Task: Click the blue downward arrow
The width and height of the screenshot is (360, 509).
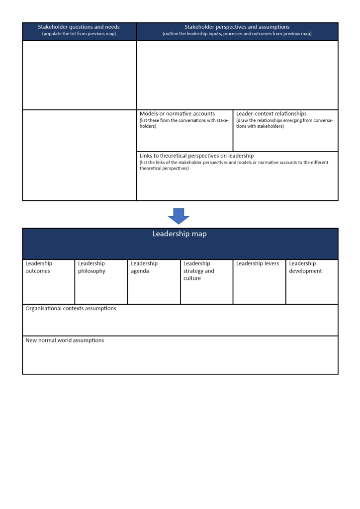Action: pyautogui.click(x=179, y=215)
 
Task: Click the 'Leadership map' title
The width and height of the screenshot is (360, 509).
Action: pyautogui.click(x=180, y=234)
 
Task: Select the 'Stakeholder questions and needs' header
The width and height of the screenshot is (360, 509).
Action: pyautogui.click(x=79, y=27)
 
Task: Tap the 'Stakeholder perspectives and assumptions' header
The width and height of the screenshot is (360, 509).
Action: pyautogui.click(x=237, y=27)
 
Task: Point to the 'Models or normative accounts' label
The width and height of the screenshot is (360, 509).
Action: pyautogui.click(x=177, y=114)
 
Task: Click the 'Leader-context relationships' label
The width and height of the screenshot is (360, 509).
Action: pyautogui.click(x=271, y=114)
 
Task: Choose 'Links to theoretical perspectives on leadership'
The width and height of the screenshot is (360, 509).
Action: pyautogui.click(x=196, y=156)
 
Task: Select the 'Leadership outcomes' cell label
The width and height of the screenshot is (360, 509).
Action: pyautogui.click(x=38, y=267)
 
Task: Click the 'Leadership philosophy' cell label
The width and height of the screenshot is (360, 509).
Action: pyautogui.click(x=91, y=267)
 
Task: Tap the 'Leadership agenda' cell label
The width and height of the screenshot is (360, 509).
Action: pyautogui.click(x=144, y=267)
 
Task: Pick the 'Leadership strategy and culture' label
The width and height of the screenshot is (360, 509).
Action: pyautogui.click(x=198, y=271)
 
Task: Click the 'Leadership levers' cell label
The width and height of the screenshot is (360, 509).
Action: pyautogui.click(x=258, y=263)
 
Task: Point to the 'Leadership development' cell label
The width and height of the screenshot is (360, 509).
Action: pyautogui.click(x=305, y=267)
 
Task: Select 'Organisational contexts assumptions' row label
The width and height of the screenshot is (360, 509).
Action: pyautogui.click(x=71, y=308)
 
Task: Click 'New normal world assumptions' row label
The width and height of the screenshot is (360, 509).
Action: pyautogui.click(x=65, y=340)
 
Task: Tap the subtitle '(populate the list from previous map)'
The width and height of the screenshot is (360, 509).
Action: pyautogui.click(x=79, y=34)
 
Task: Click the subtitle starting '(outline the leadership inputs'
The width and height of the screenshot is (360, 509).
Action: pyautogui.click(x=237, y=34)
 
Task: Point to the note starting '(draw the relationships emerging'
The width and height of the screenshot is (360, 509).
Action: pyautogui.click(x=284, y=123)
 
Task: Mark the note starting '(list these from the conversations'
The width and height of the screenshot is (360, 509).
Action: pyautogui.click(x=183, y=123)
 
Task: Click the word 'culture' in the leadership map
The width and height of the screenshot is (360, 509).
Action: pyautogui.click(x=192, y=278)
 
